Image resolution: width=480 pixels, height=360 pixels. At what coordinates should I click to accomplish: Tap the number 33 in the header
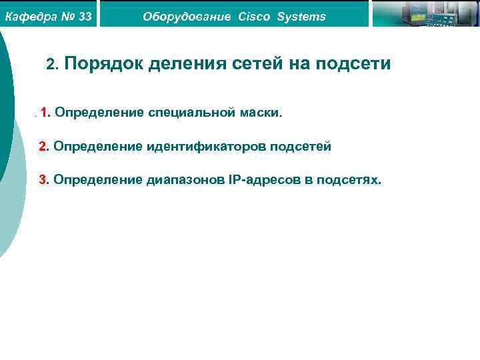click(85, 16)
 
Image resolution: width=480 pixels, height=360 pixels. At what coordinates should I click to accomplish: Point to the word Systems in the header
click(301, 16)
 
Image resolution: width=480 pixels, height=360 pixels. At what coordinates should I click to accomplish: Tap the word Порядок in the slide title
click(105, 64)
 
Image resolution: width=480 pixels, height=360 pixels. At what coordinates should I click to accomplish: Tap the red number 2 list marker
click(43, 146)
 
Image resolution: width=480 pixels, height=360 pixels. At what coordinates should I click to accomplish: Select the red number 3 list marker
click(43, 180)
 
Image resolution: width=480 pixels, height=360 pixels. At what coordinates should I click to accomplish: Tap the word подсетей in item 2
click(301, 146)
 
